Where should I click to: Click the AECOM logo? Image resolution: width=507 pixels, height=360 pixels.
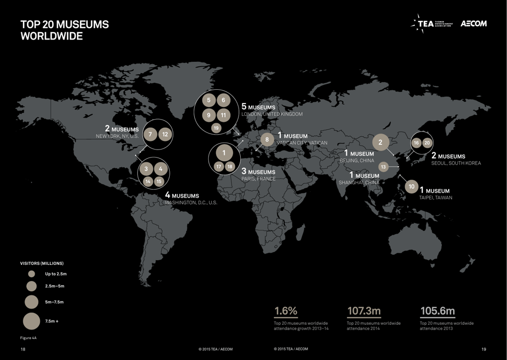click(473, 24)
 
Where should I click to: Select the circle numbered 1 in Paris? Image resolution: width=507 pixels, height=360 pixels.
click(224, 153)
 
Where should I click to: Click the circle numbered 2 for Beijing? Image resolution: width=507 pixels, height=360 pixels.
click(381, 143)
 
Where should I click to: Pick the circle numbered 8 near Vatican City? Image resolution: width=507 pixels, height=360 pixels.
click(267, 140)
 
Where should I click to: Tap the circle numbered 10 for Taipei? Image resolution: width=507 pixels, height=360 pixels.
click(411, 187)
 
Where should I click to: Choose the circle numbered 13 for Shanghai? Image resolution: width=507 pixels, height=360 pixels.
click(383, 167)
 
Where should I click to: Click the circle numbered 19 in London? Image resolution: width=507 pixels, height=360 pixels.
click(216, 128)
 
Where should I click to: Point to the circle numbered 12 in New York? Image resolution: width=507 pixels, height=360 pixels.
click(165, 134)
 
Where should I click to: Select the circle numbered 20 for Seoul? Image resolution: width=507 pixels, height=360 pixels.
click(427, 143)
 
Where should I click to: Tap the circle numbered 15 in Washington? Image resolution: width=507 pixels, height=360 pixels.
click(159, 182)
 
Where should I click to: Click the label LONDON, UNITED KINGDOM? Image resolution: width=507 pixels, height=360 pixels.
click(272, 114)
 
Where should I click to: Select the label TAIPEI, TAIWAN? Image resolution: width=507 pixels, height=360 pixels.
click(435, 198)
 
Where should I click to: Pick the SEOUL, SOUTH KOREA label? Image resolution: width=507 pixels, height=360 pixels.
click(456, 163)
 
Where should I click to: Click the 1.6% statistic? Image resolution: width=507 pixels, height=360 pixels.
click(286, 311)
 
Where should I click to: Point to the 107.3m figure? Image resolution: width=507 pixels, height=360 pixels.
click(364, 311)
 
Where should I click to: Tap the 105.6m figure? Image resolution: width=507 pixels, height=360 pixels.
click(437, 311)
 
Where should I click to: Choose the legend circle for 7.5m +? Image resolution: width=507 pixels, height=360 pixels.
click(31, 321)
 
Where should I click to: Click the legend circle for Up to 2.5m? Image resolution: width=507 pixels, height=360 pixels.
click(31, 274)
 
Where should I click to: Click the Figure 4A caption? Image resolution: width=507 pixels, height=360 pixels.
click(28, 338)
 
